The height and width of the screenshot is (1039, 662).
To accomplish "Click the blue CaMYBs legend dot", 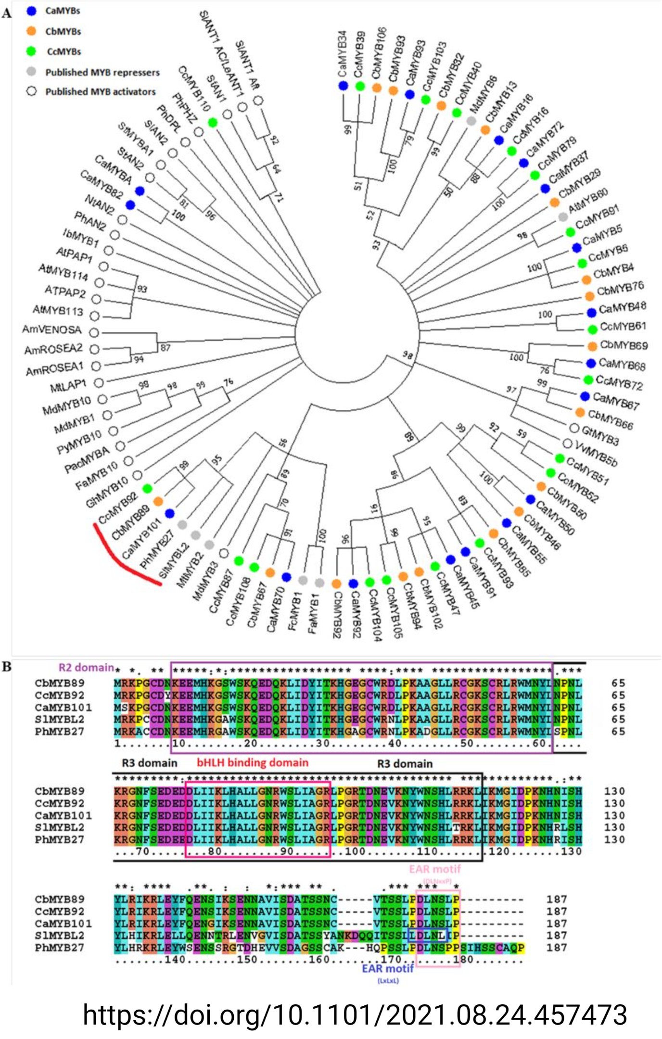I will (x=32, y=11).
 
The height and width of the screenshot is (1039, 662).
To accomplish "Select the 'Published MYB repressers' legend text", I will (x=102, y=73).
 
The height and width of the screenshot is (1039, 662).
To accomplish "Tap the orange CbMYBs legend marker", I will (x=32, y=31).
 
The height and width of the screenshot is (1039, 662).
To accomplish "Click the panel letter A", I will (x=6, y=13).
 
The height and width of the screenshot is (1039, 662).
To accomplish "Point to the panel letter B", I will (x=6, y=667).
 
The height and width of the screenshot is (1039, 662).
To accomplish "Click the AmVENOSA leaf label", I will (x=52, y=330).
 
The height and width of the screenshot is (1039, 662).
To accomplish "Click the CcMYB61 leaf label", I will (x=623, y=327).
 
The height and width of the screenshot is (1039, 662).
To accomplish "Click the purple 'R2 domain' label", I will (x=86, y=668).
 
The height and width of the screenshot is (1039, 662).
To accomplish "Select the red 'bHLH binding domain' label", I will (x=253, y=762).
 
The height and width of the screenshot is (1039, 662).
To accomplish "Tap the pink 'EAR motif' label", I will (x=435, y=869).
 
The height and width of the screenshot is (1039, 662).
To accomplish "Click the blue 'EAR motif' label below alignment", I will (x=388, y=968).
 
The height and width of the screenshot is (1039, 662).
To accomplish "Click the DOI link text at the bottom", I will (x=355, y=1015).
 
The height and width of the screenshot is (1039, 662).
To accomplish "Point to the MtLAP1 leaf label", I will (x=68, y=385).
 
